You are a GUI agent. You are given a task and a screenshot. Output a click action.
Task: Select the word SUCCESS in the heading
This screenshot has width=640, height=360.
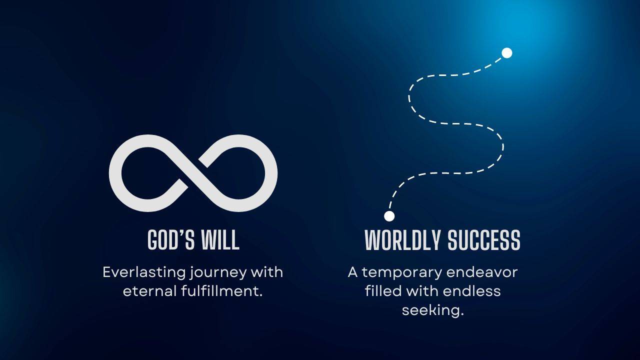[483, 240]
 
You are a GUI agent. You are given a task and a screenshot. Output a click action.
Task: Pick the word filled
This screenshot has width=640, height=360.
[383, 291]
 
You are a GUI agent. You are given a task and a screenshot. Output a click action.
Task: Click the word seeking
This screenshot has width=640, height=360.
[433, 310]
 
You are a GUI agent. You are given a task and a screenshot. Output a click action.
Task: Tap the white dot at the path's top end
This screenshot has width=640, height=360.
[507, 53]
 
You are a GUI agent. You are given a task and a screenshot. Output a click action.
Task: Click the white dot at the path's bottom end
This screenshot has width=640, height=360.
[389, 216]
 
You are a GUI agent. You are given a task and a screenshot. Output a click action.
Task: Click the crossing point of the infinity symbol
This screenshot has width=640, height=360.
[193, 173]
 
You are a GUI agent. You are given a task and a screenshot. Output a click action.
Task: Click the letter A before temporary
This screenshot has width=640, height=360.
[353, 272]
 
